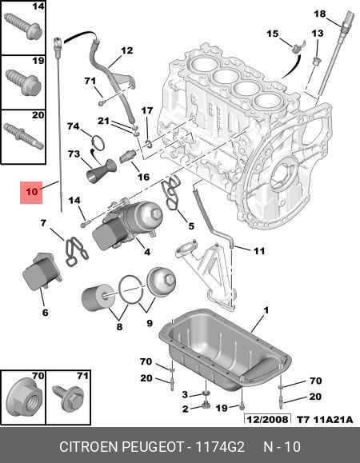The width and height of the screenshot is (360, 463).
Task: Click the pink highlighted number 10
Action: [x=31, y=192]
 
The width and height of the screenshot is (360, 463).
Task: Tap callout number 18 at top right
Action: [x=319, y=14]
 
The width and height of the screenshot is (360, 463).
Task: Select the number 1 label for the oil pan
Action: [x=266, y=309]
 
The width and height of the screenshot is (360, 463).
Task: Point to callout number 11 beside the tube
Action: [x=258, y=251]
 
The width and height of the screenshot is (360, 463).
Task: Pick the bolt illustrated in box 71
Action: [x=64, y=394]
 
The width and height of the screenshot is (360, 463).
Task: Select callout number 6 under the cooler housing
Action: [x=45, y=313]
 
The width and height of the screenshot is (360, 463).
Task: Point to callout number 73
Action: [x=74, y=154]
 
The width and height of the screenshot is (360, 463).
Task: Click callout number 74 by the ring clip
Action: [x=73, y=126]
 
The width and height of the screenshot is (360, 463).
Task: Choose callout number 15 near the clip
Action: [x=272, y=33]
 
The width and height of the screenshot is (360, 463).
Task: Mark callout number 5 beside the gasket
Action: [x=190, y=226]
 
